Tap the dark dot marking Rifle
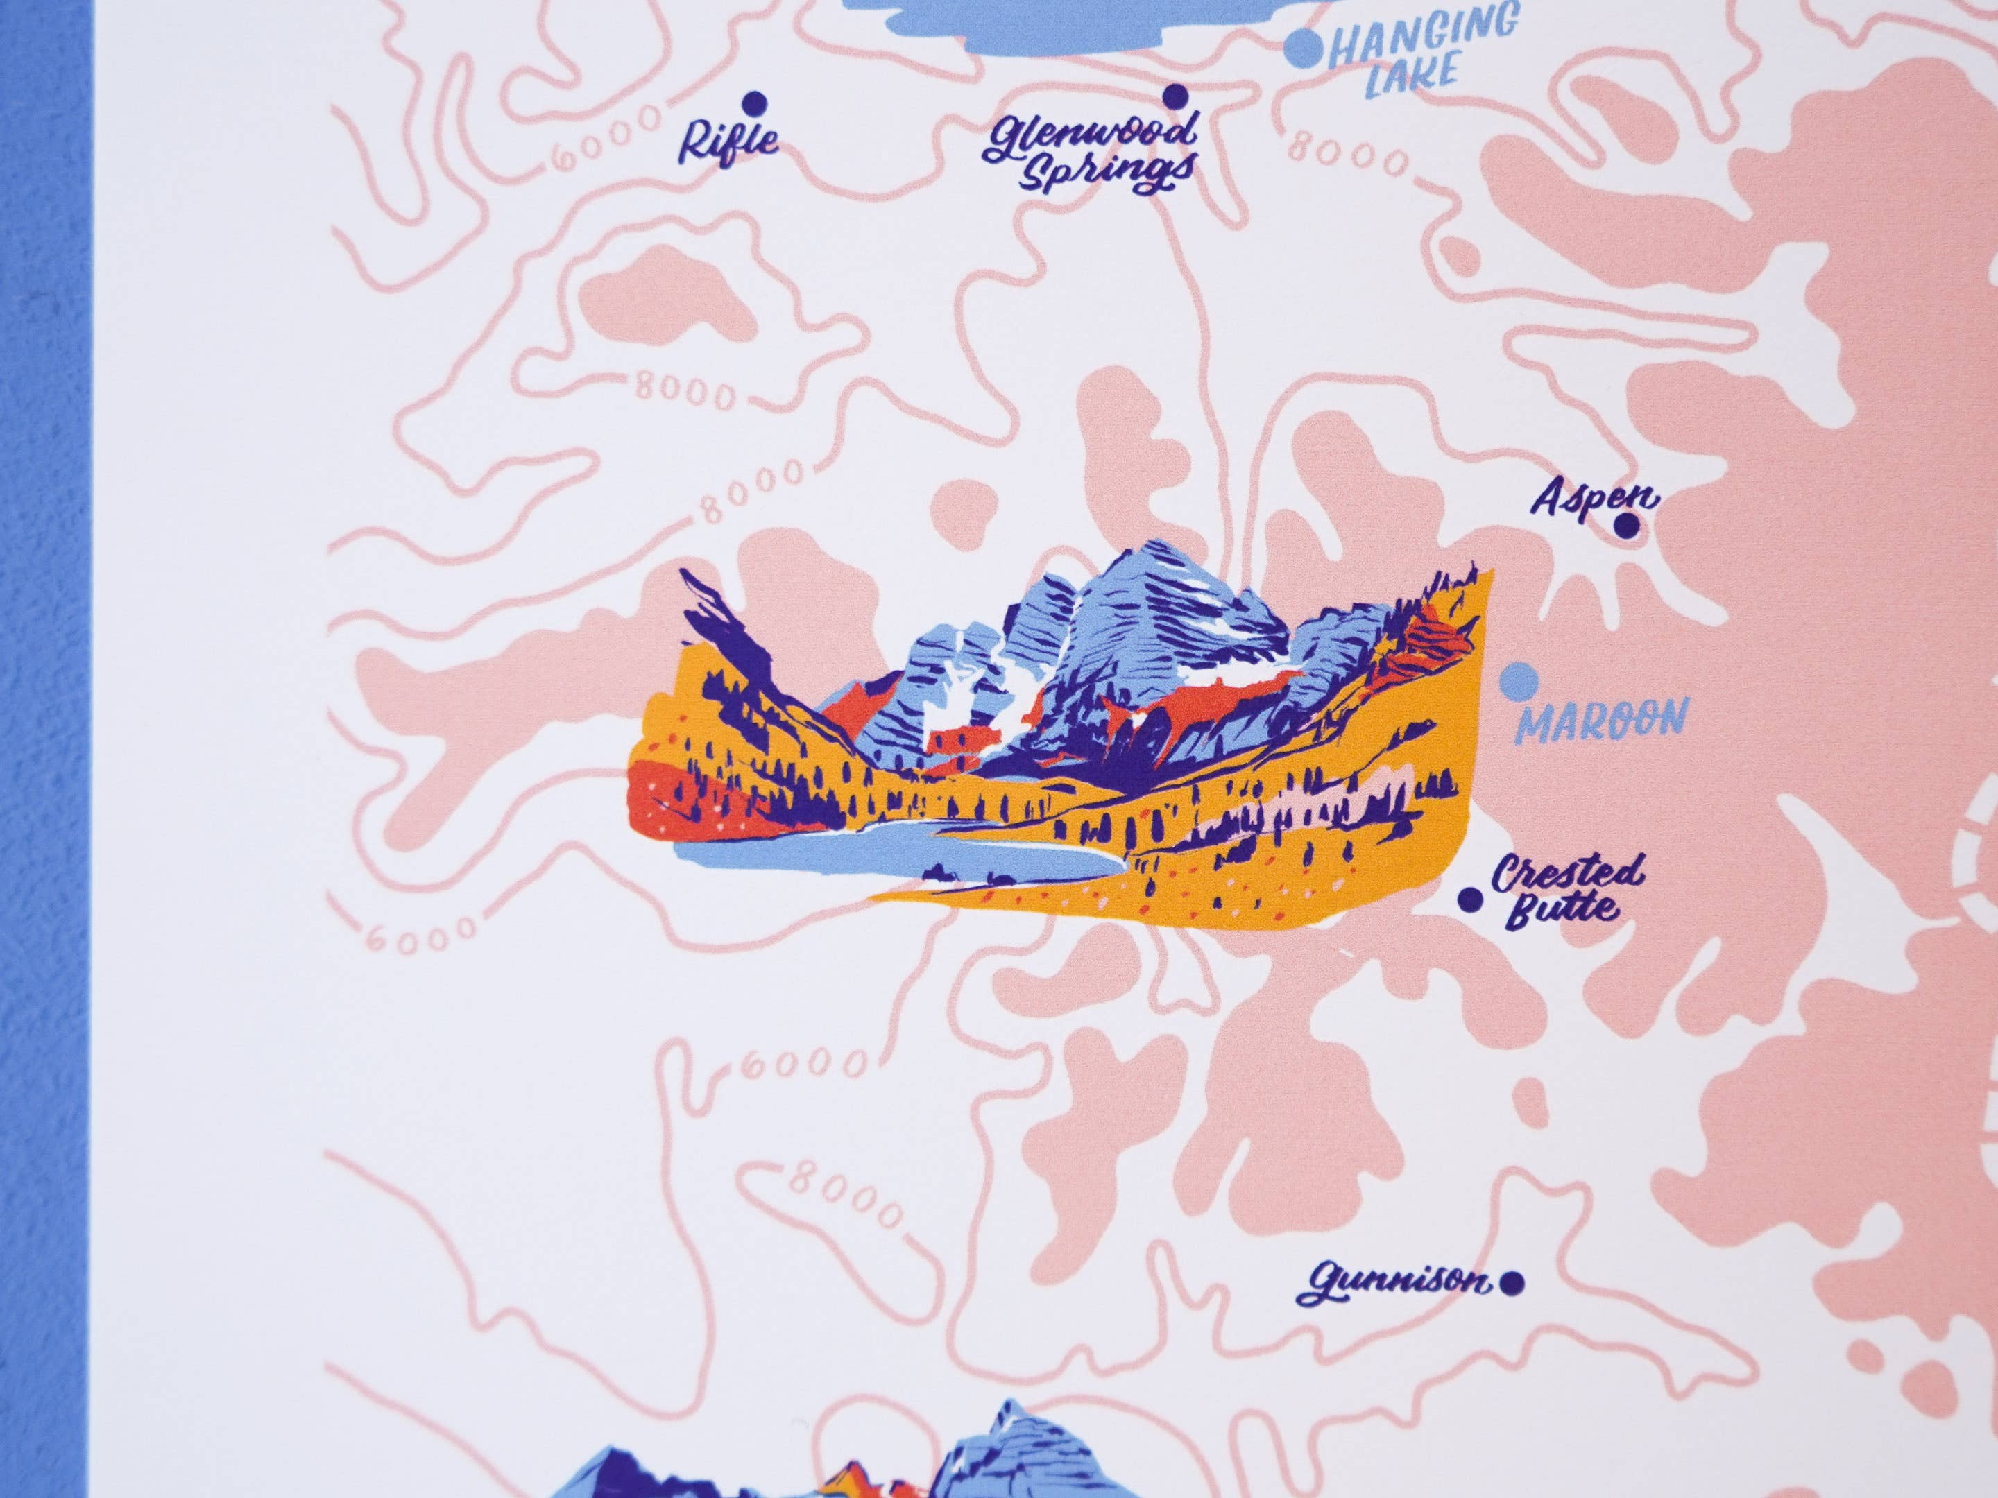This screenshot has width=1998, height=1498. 751,101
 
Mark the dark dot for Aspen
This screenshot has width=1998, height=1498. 1627,526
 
